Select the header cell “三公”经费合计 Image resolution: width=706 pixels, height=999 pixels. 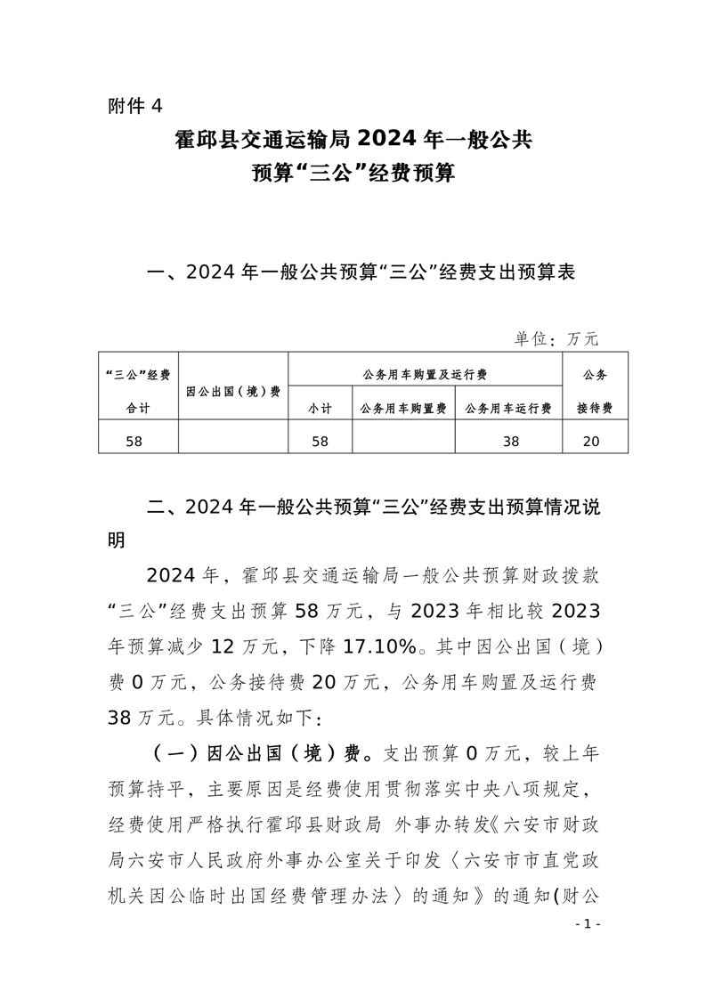point(137,391)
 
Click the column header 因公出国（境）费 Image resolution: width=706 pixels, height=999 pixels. point(233,391)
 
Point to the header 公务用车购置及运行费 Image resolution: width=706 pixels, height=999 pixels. point(425,374)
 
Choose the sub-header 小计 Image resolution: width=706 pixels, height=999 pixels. point(321,409)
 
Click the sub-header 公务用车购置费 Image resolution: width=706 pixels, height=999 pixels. point(403,409)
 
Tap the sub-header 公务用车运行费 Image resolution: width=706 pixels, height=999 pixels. point(508,409)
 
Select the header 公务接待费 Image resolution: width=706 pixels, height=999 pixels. point(595,391)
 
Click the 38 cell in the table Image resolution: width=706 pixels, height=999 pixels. point(510,440)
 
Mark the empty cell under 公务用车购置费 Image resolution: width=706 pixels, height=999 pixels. point(403,440)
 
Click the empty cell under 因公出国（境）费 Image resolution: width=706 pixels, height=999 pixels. point(233,440)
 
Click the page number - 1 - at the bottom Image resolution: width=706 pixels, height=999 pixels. point(588,924)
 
